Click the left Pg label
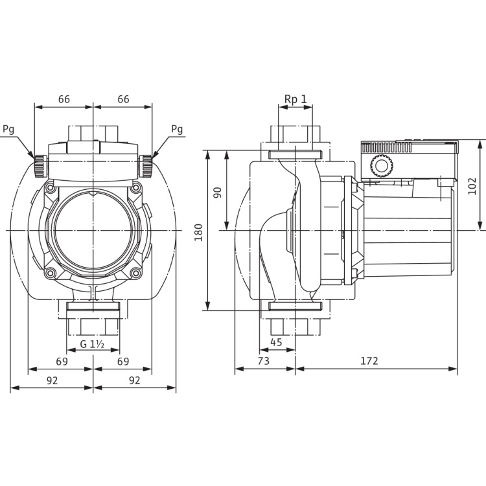(8, 129)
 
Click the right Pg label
(177, 129)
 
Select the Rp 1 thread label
(295, 99)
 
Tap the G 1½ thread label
(92, 344)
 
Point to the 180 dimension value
(198, 233)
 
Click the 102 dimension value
(472, 186)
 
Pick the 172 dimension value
(369, 361)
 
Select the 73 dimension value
(264, 361)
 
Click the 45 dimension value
(276, 342)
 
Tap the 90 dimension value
(218, 192)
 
